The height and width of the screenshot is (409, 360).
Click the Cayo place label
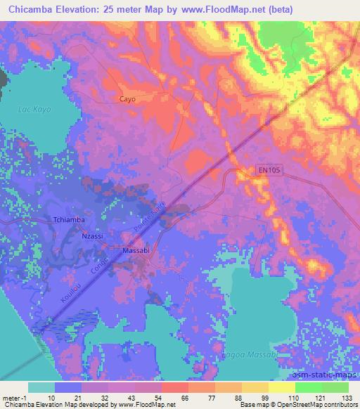[127, 99]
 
